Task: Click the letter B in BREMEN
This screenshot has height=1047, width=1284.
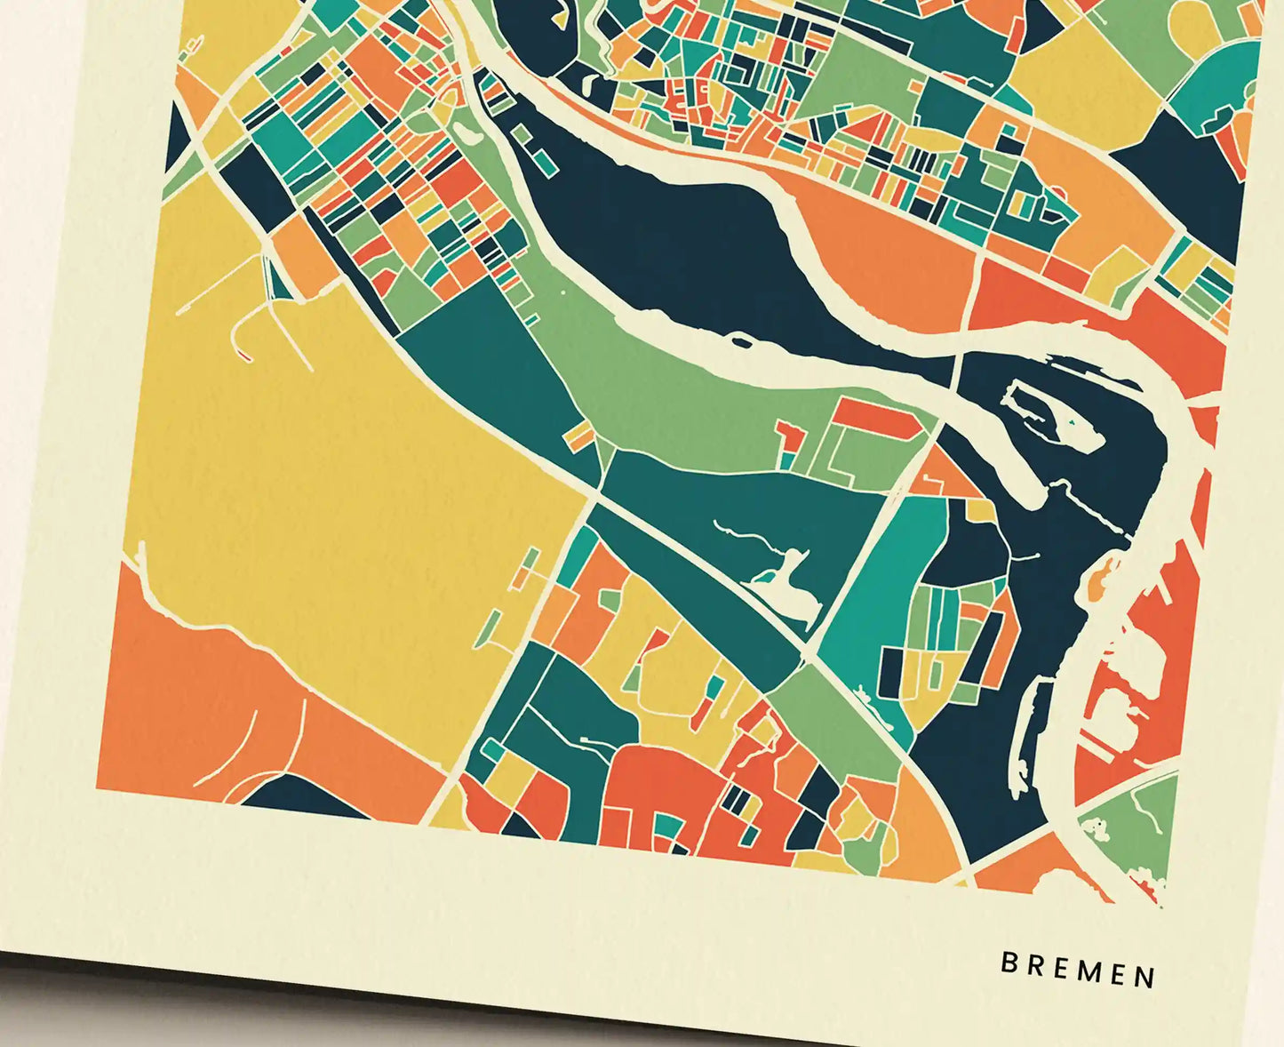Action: pyautogui.click(x=1009, y=963)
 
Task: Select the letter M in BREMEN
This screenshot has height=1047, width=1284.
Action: pyautogui.click(x=1086, y=971)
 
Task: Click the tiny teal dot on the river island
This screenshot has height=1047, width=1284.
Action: pyautogui.click(x=1073, y=420)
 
